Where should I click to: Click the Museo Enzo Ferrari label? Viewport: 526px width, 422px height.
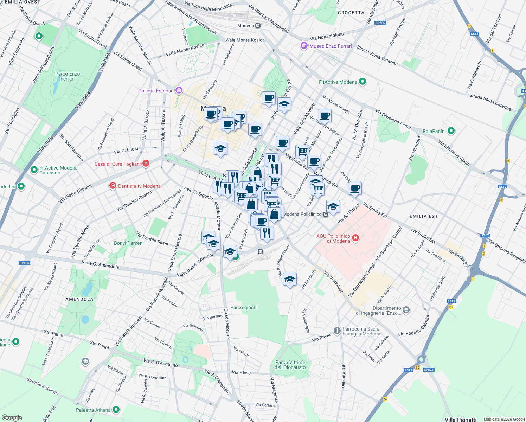(x=330, y=46)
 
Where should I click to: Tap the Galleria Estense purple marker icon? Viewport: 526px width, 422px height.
(x=179, y=91)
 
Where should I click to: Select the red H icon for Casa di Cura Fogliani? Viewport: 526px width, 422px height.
(x=146, y=164)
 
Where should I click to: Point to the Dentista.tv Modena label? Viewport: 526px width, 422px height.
(x=139, y=186)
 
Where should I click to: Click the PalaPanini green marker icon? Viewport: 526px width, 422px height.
(x=451, y=131)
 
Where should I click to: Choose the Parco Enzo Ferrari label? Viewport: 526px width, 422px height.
(x=68, y=76)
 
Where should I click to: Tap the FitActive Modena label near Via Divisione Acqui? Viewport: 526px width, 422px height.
(x=338, y=82)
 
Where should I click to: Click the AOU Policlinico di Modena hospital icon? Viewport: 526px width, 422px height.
(x=355, y=238)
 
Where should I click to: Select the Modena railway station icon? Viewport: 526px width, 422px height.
(x=258, y=26)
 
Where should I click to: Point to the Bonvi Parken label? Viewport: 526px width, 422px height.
(x=128, y=243)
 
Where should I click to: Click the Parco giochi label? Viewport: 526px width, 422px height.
(x=244, y=307)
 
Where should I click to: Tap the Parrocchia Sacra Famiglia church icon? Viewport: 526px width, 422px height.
(x=337, y=331)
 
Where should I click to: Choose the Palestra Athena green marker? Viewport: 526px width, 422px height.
(x=116, y=410)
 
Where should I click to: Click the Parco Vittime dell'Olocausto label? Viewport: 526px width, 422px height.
(x=290, y=365)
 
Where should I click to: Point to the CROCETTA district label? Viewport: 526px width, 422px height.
(x=351, y=13)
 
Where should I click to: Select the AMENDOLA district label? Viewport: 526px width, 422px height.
(x=79, y=299)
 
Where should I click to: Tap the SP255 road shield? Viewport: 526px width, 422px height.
(x=380, y=23)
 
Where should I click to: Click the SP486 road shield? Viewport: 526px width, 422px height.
(x=24, y=263)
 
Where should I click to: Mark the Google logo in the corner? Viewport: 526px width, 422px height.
(x=12, y=418)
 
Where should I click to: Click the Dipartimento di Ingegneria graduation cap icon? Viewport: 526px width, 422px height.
(x=406, y=310)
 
